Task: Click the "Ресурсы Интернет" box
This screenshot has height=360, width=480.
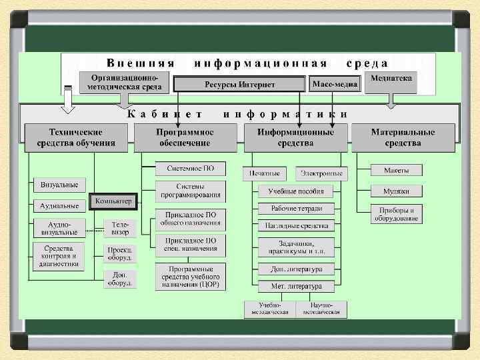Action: (x=239, y=85)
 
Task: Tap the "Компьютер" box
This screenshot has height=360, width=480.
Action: (x=113, y=201)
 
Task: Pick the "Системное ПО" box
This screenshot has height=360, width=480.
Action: (x=190, y=169)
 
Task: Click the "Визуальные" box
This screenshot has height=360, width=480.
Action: (x=59, y=184)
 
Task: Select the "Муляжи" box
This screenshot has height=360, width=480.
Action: (x=396, y=191)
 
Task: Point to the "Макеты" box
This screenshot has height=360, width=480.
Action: (x=396, y=170)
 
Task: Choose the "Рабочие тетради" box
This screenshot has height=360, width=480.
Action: (x=296, y=209)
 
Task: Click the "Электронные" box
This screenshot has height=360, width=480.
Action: (x=321, y=173)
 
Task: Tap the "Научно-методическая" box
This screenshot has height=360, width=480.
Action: (x=321, y=309)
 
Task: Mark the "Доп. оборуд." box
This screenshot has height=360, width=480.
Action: (x=121, y=279)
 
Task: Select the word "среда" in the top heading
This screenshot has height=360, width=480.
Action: (x=367, y=63)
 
